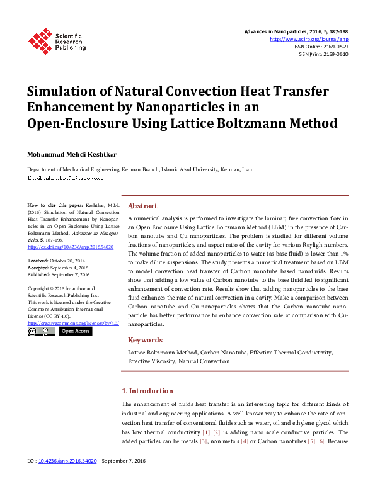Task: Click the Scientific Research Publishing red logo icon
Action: [40, 41]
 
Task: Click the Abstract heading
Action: [143, 206]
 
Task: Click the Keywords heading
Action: [146, 340]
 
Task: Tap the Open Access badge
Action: [75, 331]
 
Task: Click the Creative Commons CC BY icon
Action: [42, 331]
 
